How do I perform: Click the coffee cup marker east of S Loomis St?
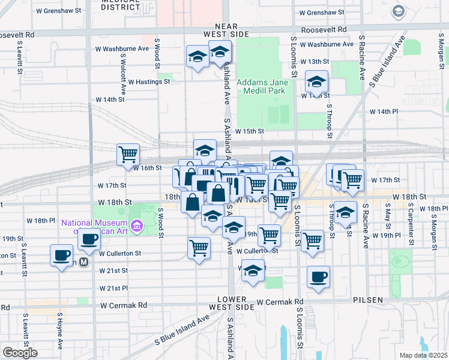point(318,277)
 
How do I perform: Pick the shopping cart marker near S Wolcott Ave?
point(128,155)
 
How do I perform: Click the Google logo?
point(20,352)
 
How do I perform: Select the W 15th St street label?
point(249,131)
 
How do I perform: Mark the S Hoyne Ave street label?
point(60,331)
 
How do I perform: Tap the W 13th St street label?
point(315,62)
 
